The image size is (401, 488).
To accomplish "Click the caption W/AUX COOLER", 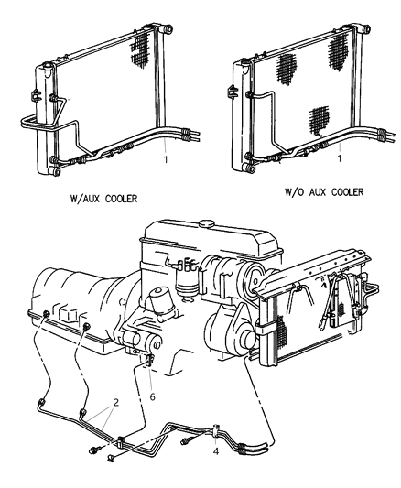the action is pyautogui.click(x=103, y=199).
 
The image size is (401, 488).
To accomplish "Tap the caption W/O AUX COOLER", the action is pyautogui.click(x=324, y=192).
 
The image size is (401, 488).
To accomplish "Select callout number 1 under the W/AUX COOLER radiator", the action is pyautogui.click(x=166, y=159).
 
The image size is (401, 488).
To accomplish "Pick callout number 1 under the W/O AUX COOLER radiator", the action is pyautogui.click(x=340, y=158).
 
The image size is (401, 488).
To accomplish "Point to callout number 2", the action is pyautogui.click(x=116, y=403).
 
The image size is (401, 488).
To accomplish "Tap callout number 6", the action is pyautogui.click(x=153, y=396).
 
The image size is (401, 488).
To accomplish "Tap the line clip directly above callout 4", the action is pyautogui.click(x=216, y=430).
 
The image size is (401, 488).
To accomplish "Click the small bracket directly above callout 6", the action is pyautogui.click(x=149, y=361).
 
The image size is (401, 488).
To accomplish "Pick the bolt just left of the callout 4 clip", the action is pyautogui.click(x=187, y=440).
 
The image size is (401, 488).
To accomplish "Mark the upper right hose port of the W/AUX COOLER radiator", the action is pyautogui.click(x=168, y=29).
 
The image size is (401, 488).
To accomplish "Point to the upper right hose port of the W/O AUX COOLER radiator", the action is pyautogui.click(x=364, y=28).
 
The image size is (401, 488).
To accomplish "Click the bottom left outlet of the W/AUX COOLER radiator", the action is pyautogui.click(x=54, y=171).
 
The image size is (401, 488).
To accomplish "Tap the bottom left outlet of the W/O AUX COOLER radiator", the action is pyautogui.click(x=249, y=168).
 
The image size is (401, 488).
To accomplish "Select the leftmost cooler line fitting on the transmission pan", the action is pyautogui.click(x=47, y=314).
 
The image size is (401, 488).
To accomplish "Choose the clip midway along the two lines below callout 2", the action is pyautogui.click(x=121, y=442).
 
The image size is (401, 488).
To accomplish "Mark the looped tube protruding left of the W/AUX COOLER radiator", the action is pyautogui.click(x=29, y=122).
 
